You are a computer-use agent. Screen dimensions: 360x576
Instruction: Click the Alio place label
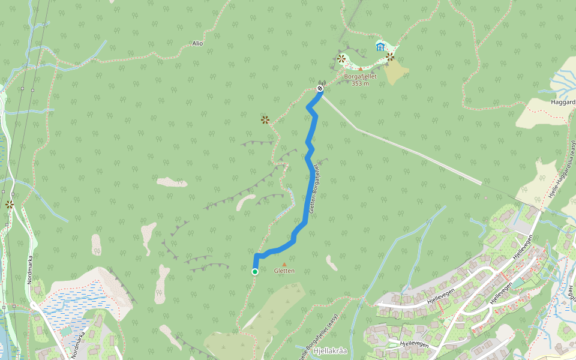197,43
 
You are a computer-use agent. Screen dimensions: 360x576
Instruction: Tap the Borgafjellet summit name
360,76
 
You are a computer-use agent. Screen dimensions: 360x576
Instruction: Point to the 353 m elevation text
360,83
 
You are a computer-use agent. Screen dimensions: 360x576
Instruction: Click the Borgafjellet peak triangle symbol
360,69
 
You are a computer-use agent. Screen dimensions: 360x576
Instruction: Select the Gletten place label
284,271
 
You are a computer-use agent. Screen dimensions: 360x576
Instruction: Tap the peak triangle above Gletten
284,264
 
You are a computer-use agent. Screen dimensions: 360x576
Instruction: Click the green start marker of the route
255,272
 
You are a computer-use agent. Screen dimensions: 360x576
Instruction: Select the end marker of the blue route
320,89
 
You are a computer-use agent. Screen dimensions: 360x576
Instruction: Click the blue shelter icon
380,46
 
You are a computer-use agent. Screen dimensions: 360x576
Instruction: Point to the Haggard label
563,102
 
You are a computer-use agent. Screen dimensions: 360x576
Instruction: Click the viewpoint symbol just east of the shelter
391,57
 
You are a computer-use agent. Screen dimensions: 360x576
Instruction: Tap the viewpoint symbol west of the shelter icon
341,59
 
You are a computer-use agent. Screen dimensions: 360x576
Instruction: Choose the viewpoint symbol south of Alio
265,120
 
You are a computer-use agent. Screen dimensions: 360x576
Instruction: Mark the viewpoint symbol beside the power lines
10,205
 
